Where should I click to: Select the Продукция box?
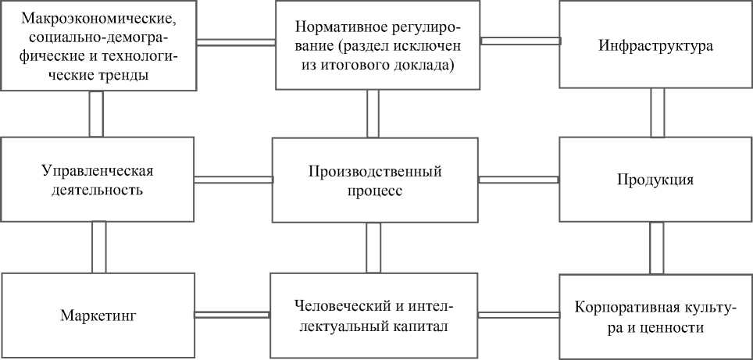pyautogui.click(x=656, y=180)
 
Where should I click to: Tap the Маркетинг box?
pyautogui.click(x=98, y=315)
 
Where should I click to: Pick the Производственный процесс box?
pyautogui.click(x=375, y=180)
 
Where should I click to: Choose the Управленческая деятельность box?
pyautogui.click(x=97, y=180)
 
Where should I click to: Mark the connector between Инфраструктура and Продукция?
pyautogui.click(x=657, y=112)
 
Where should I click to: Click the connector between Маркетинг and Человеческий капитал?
pyautogui.click(x=232, y=315)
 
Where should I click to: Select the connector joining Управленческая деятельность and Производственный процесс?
pyautogui.click(x=233, y=180)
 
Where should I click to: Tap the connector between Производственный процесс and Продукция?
pyautogui.click(x=518, y=180)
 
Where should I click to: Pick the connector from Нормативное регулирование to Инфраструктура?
pyautogui.click(x=520, y=40)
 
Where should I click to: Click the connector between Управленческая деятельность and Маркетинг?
pyautogui.click(x=98, y=246)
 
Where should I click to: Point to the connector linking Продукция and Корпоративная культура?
pyautogui.click(x=657, y=248)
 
